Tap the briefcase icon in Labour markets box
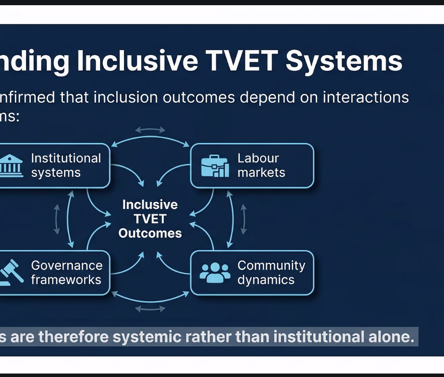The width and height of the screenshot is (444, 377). [x=215, y=166]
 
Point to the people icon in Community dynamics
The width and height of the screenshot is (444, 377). [x=215, y=273]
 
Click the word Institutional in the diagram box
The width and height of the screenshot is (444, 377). [x=66, y=158]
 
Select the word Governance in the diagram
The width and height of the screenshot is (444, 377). [x=67, y=265]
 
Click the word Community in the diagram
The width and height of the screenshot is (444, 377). [x=271, y=265]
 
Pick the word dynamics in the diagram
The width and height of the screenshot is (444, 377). [x=266, y=280]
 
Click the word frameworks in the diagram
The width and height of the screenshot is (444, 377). [x=66, y=280]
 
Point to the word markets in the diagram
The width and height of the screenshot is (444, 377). [x=261, y=172]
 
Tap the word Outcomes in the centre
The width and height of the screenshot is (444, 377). [x=150, y=233]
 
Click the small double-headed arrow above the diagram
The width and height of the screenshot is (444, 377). [x=150, y=130]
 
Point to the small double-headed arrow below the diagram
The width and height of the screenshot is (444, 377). [x=150, y=309]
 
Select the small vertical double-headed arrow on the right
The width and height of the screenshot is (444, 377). [x=243, y=219]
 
